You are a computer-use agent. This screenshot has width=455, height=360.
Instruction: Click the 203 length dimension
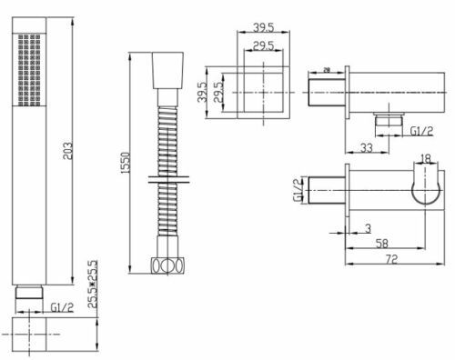click(x=68, y=151)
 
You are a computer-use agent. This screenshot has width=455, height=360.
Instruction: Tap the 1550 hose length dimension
click(x=126, y=163)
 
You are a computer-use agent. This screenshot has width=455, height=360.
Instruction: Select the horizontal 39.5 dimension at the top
click(x=263, y=27)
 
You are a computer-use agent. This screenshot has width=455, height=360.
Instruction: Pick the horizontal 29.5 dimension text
click(x=263, y=45)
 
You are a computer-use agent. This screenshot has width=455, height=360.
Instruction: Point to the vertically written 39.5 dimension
click(x=202, y=92)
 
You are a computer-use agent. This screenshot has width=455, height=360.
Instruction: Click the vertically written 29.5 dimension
click(x=218, y=92)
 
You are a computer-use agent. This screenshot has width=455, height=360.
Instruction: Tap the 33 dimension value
click(x=367, y=148)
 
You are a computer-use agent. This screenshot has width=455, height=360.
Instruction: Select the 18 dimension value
click(x=426, y=158)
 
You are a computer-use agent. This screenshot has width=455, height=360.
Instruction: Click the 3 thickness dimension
click(x=368, y=228)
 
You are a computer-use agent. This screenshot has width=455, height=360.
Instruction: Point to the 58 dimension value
click(x=382, y=244)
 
